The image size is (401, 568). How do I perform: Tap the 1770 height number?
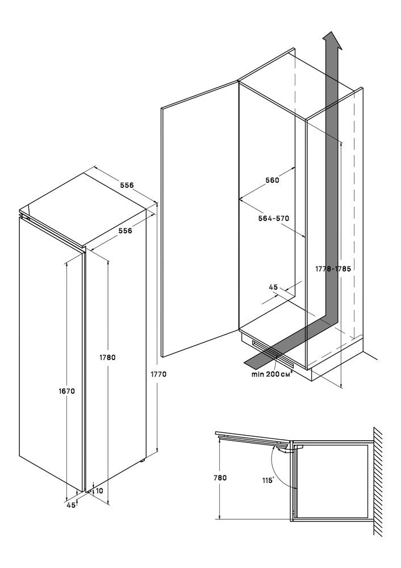159,374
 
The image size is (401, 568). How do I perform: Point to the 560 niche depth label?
273,181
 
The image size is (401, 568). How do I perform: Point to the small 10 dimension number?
99,491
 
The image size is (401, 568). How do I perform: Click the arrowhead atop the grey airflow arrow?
332,40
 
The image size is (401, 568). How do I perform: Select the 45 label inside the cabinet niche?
273,287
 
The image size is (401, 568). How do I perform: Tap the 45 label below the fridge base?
71,505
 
